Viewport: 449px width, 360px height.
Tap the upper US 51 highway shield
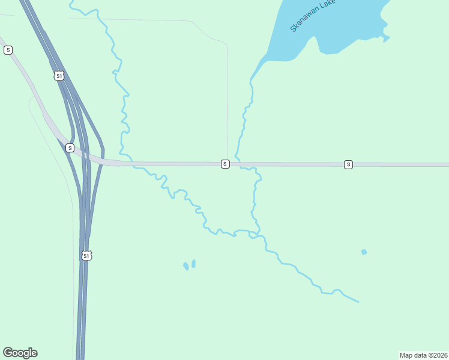point(58,76)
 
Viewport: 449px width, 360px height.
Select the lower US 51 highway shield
point(87,256)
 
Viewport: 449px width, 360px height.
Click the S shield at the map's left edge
point(8,50)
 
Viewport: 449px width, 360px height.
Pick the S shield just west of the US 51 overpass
point(70,148)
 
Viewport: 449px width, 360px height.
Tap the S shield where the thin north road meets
point(225,164)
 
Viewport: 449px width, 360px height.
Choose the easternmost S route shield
point(348,164)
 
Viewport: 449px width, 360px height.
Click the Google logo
point(20,353)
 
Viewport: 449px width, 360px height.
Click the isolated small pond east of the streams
point(364,252)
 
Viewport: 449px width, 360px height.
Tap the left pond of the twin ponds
point(186,265)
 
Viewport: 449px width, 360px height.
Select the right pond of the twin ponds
point(193,263)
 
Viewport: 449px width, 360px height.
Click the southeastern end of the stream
point(358,301)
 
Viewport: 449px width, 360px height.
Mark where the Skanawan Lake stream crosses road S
point(238,164)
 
